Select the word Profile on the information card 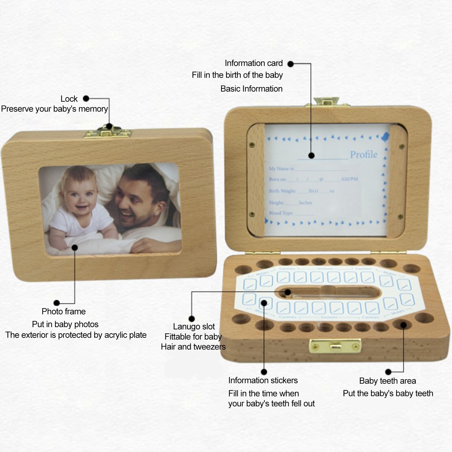[x=364, y=155]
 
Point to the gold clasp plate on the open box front [x=335, y=345]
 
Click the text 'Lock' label [x=69, y=99]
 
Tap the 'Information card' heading [x=253, y=63]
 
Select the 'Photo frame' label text [x=64, y=311]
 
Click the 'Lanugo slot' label [x=194, y=327]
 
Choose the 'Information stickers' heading [x=263, y=380]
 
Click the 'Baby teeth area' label [x=387, y=381]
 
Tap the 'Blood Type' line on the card [x=281, y=213]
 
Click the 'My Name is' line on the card [x=281, y=169]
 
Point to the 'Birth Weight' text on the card [x=282, y=191]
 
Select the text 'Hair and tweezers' [x=193, y=347]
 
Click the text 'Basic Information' [x=251, y=89]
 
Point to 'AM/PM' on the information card [x=349, y=179]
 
